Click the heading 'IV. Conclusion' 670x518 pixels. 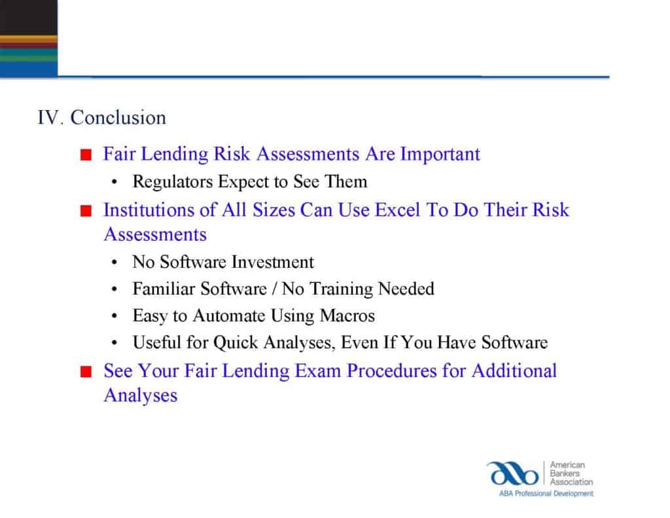(101, 118)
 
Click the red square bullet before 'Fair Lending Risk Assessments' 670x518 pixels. (85, 156)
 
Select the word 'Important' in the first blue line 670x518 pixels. (440, 155)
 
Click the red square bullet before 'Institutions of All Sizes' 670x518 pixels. (85, 212)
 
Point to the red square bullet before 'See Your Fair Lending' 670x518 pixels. (85, 372)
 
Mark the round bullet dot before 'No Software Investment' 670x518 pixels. (115, 263)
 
